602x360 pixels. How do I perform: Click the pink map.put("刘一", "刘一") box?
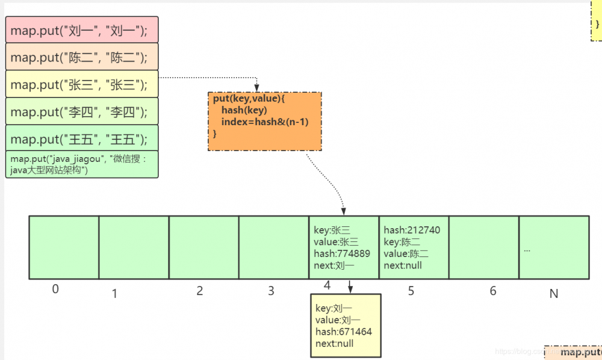coord(82,29)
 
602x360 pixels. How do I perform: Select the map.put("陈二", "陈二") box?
coord(82,57)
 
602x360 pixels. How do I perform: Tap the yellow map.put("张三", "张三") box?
coord(82,84)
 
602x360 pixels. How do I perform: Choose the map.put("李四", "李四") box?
coord(82,111)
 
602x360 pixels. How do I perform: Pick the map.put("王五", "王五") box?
coord(82,138)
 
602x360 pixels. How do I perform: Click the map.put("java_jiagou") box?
coord(82,164)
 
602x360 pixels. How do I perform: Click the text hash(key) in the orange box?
coord(244,110)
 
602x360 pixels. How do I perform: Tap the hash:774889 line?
coord(342,253)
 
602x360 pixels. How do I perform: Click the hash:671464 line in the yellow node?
coord(344,332)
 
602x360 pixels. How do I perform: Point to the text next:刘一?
coord(334,265)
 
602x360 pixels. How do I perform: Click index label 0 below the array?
coord(55,290)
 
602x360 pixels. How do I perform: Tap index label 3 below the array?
coord(271,291)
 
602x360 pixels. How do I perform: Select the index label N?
coord(554,294)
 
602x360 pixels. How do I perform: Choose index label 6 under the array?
coord(493,291)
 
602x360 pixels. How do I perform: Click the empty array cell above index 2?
coord(203,247)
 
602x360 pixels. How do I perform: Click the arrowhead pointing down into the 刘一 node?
coord(350,291)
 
